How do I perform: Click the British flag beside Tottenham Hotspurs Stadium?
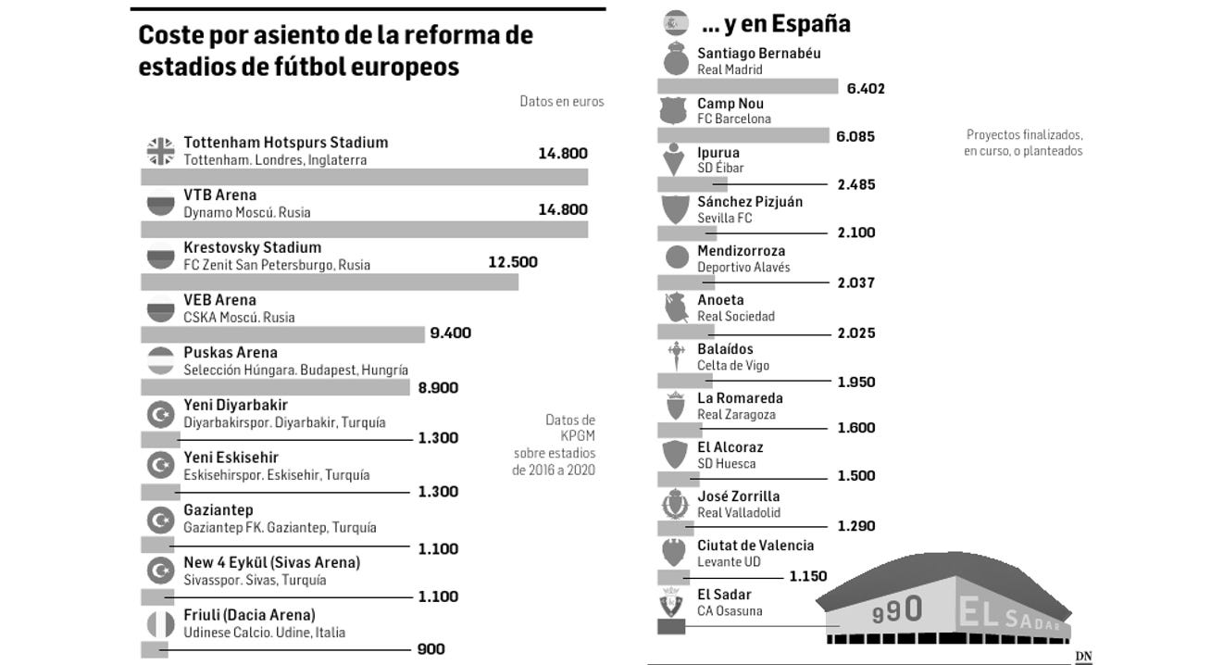(161, 151)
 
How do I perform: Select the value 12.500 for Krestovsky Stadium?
(512, 262)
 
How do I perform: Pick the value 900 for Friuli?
(431, 649)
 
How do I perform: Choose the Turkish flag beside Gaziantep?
(161, 519)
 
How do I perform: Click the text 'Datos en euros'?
(561, 102)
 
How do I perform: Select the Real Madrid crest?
(677, 60)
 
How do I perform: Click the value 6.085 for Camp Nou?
(855, 136)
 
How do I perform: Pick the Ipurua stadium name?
(718, 153)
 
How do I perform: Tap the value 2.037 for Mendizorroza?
(855, 282)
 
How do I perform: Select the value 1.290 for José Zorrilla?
(855, 526)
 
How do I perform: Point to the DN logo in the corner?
(1083, 657)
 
